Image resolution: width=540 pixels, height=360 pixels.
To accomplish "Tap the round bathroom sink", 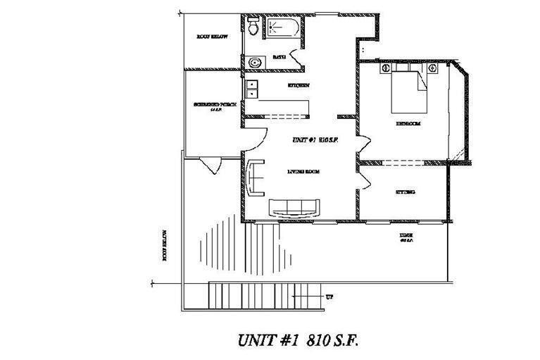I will click(253, 62).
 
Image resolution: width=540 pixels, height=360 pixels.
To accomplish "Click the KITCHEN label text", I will click(299, 86).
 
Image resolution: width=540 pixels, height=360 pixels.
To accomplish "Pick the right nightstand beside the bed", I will click(432, 69).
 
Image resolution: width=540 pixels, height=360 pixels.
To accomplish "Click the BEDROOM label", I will click(408, 123).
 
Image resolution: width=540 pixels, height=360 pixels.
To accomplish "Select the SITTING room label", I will click(405, 191).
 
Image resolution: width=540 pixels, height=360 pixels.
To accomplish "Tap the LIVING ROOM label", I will click(304, 171).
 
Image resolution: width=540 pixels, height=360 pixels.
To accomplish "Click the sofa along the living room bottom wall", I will click(294, 207).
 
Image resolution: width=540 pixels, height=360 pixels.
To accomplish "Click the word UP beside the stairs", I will click(329, 297).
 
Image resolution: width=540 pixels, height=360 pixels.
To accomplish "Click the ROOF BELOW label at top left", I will click(211, 36).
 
